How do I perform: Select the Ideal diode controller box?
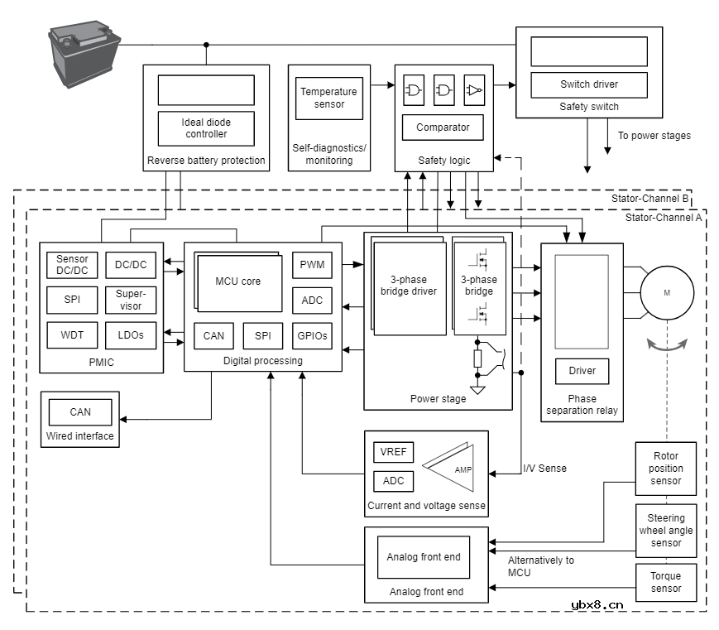(206, 128)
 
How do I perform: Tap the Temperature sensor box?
(328, 98)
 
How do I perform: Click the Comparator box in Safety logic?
(443, 127)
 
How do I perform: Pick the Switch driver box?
(588, 84)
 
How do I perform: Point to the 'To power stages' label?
(654, 136)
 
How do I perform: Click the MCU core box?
(238, 281)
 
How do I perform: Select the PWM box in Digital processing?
(312, 266)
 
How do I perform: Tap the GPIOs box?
(312, 335)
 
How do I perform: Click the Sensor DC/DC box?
(73, 265)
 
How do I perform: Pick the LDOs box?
(131, 335)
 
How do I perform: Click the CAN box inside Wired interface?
(80, 412)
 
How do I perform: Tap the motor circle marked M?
(667, 293)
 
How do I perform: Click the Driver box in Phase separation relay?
(582, 371)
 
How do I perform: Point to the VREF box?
(394, 453)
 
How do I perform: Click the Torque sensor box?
(666, 582)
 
